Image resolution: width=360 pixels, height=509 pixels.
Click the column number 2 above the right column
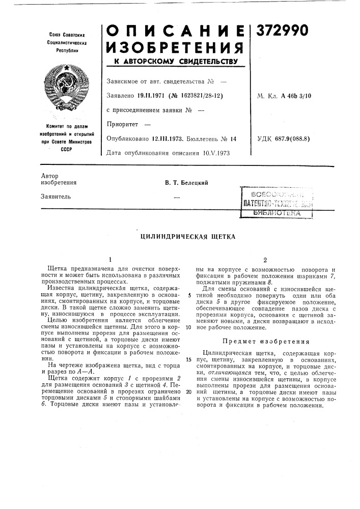click(x=265, y=259)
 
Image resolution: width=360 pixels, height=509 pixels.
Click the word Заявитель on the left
click(x=56, y=196)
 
